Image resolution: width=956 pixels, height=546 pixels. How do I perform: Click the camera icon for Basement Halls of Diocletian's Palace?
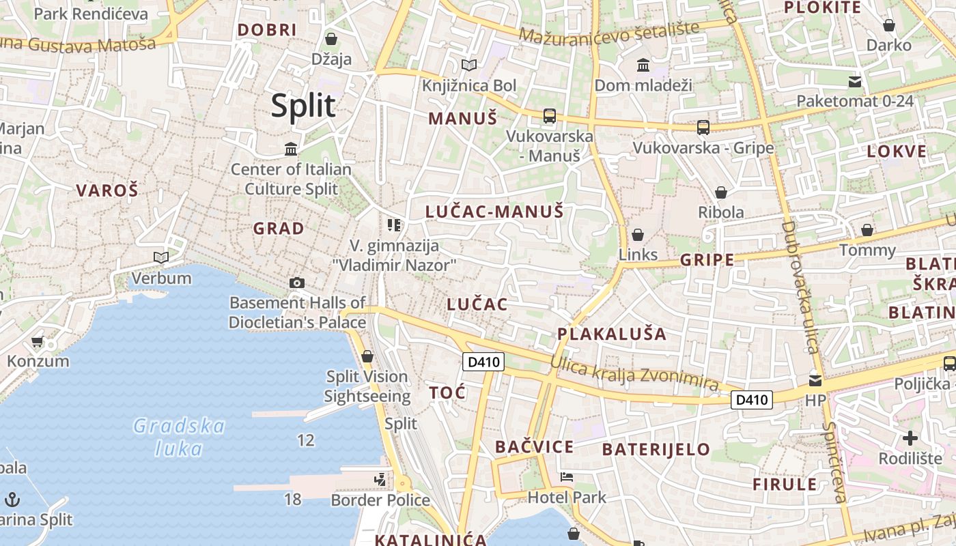(x=297, y=283)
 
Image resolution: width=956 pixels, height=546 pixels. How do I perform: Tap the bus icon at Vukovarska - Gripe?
(x=703, y=128)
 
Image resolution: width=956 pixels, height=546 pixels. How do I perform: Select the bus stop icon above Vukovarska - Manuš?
(x=550, y=116)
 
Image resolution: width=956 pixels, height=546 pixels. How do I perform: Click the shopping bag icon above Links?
(x=638, y=235)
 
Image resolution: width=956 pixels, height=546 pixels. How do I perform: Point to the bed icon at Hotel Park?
(x=566, y=476)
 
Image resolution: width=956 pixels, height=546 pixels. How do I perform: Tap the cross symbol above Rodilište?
(x=910, y=437)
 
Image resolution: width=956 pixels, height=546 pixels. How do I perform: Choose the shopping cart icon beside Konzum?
(x=38, y=341)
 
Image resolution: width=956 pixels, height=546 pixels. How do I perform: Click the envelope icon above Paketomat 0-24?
(x=855, y=82)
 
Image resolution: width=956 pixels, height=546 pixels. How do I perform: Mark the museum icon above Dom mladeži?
(x=643, y=66)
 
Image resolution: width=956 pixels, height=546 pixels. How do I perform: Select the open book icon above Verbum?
(x=161, y=257)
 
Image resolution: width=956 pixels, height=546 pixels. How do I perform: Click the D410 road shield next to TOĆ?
(x=483, y=362)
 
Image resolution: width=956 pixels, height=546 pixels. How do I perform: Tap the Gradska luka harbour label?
(x=178, y=437)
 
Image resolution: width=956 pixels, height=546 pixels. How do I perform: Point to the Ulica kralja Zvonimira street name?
(x=634, y=374)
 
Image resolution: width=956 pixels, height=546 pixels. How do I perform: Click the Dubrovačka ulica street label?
(x=800, y=287)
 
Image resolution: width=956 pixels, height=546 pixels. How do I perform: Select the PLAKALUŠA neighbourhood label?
(x=612, y=334)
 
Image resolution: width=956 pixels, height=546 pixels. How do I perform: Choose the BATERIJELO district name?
(x=656, y=449)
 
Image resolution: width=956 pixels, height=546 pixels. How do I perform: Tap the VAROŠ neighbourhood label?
(x=107, y=190)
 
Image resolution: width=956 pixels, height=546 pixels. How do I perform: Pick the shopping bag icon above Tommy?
(x=867, y=230)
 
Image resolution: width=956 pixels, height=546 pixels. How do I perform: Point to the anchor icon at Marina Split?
(x=12, y=500)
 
